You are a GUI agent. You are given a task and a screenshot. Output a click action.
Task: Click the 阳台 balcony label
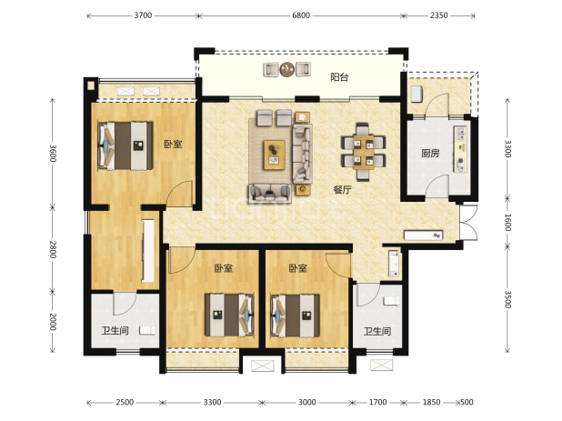click(x=339, y=77)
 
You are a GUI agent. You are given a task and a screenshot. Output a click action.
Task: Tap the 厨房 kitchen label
click(x=430, y=154)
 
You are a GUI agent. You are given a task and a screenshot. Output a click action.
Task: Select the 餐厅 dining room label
click(x=342, y=190)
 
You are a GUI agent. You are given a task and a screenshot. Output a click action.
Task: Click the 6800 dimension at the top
click(x=301, y=15)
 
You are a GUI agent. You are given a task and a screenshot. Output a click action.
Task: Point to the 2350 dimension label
click(x=438, y=15)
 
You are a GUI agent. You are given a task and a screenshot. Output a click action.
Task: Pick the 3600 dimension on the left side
click(x=53, y=153)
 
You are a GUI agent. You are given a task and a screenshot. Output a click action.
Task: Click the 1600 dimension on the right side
click(x=507, y=222)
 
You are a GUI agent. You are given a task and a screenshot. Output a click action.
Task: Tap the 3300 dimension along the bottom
click(x=212, y=403)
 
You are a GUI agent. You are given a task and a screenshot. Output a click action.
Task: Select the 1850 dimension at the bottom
click(x=431, y=403)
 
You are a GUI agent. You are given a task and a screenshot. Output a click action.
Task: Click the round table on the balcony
click(x=287, y=69)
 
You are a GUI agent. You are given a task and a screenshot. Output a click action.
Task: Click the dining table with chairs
click(x=364, y=152)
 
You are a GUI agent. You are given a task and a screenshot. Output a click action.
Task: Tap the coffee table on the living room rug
click(x=275, y=155)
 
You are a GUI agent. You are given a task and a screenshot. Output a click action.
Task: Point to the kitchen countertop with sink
click(x=460, y=149)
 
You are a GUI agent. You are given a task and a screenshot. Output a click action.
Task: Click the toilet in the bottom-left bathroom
click(x=147, y=330)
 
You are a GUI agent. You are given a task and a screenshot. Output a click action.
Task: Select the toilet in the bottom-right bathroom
click(x=391, y=301)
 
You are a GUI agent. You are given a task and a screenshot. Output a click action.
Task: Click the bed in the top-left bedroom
click(x=125, y=145)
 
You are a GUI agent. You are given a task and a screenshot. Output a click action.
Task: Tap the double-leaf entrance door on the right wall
click(x=468, y=222)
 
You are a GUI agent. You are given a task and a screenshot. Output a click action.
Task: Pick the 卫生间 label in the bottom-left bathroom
click(x=115, y=330)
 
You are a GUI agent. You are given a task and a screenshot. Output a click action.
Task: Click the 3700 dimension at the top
click(x=143, y=15)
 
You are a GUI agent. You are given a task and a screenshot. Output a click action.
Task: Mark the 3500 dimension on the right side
click(x=507, y=299)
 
